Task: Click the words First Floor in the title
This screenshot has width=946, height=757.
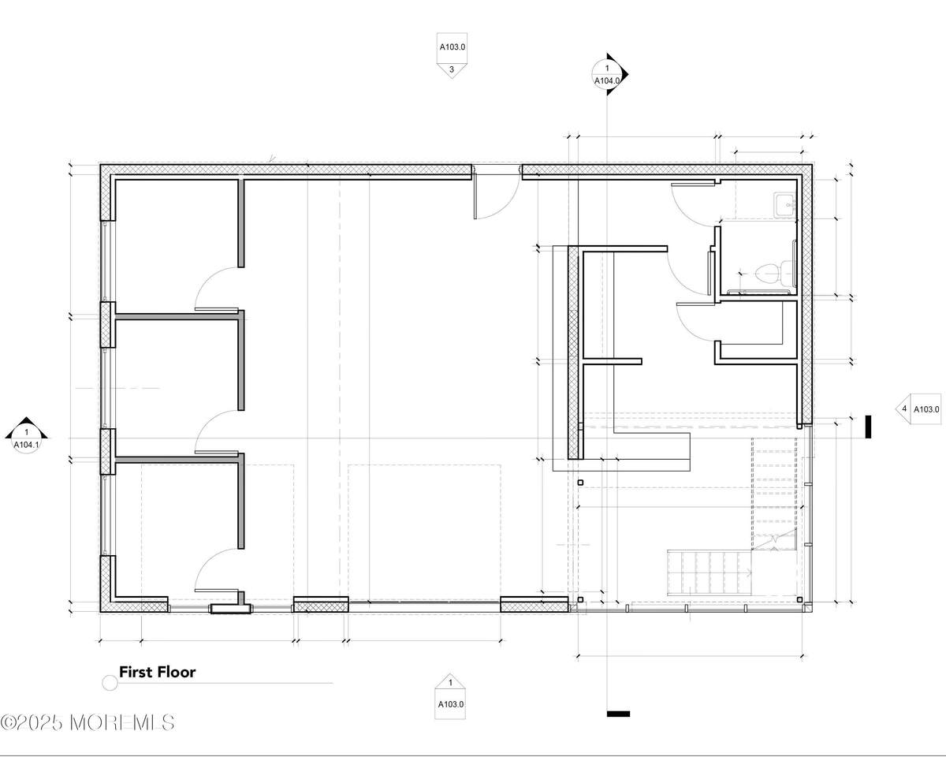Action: (157, 672)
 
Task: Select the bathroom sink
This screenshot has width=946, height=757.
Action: (784, 204)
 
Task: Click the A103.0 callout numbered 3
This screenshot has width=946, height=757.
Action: (452, 55)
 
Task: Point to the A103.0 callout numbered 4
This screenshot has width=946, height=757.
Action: (918, 409)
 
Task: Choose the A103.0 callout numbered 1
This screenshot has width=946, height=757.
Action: (450, 696)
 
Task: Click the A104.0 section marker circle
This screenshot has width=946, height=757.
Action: (607, 74)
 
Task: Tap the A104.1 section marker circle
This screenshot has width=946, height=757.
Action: (26, 438)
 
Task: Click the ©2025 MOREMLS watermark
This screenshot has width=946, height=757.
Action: (87, 722)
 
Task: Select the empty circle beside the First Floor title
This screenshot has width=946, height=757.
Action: (110, 683)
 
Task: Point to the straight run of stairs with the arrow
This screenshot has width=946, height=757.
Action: (709, 572)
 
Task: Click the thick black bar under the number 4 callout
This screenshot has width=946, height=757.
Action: (868, 427)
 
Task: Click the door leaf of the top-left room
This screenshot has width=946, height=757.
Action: (217, 310)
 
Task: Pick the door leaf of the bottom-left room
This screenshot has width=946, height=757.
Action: (217, 591)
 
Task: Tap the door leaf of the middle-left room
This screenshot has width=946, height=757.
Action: (217, 452)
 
